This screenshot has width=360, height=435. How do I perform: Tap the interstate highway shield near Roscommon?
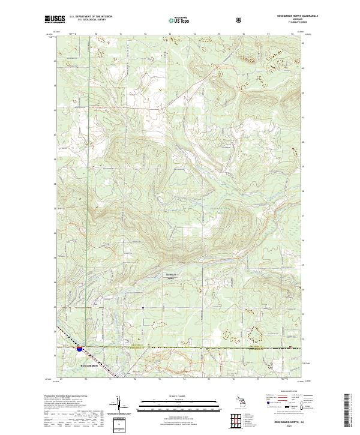[79, 348]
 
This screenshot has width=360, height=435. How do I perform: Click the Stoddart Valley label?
[173, 277]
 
